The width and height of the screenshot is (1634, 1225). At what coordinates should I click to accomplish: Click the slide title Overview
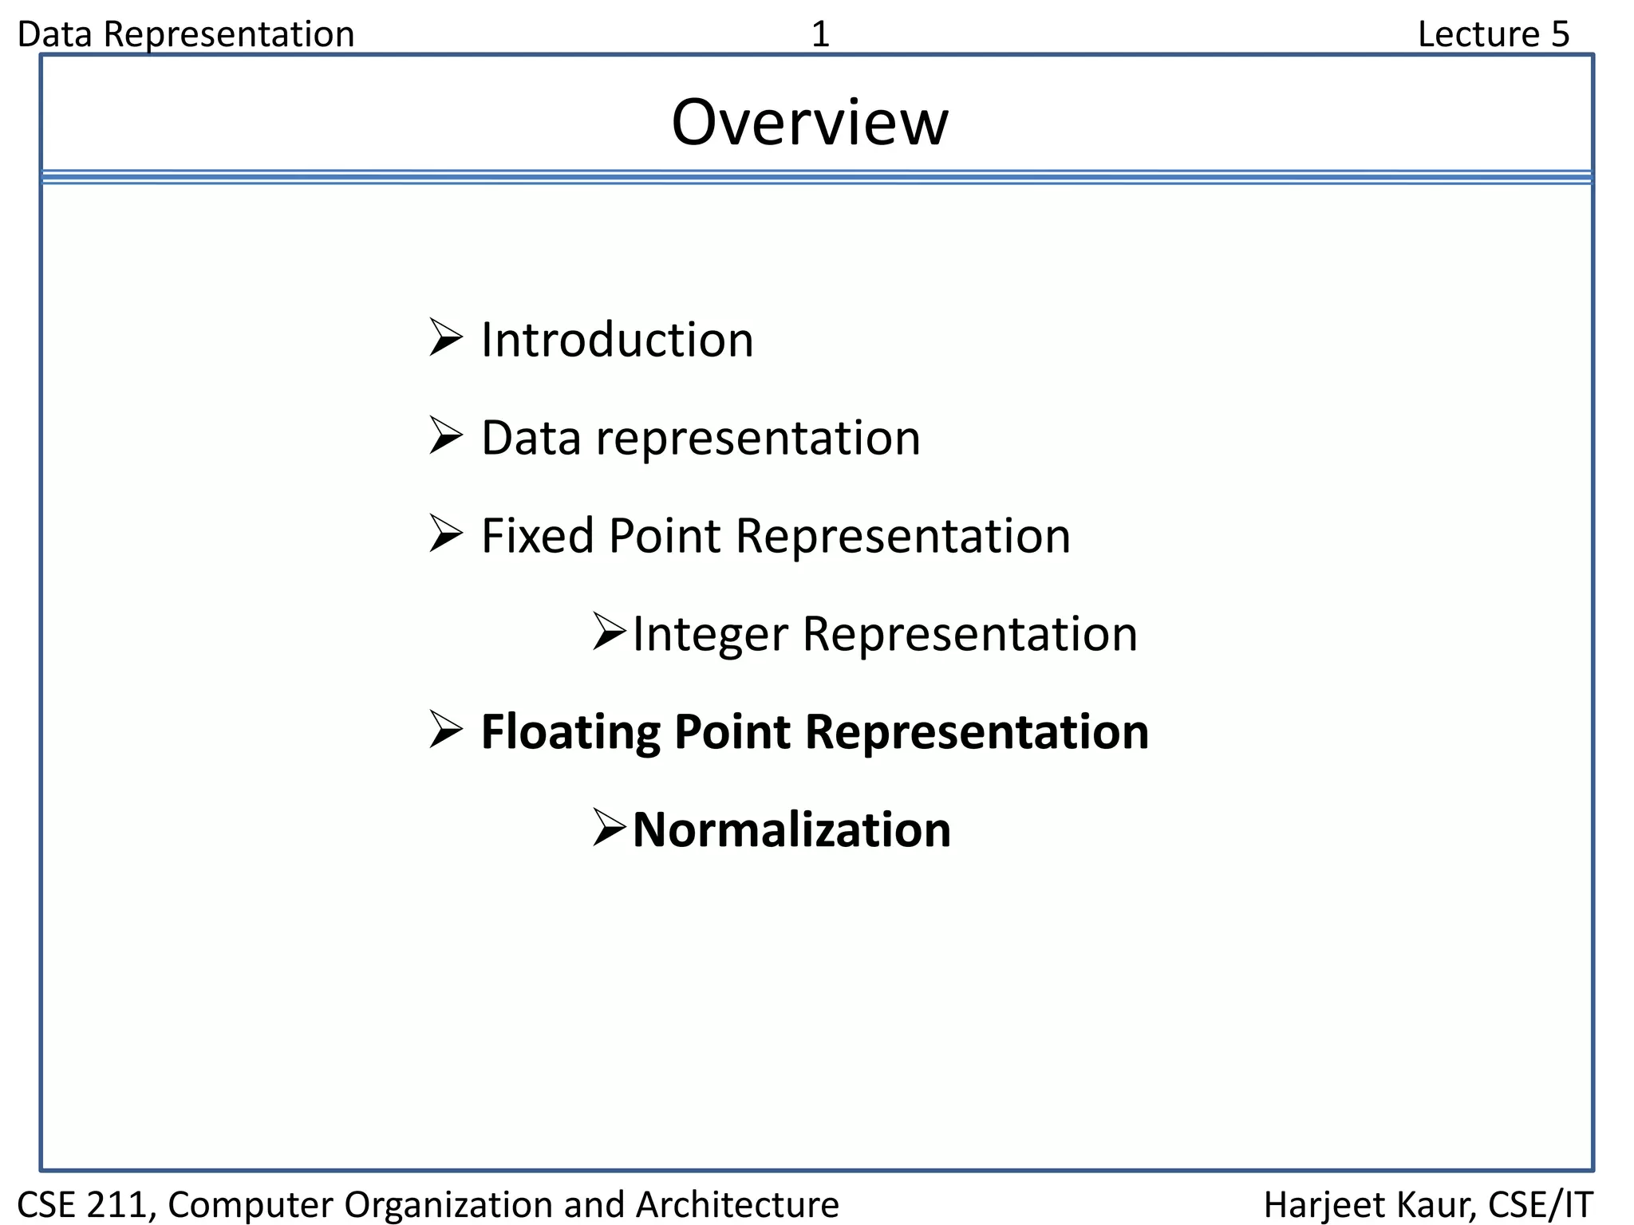pos(810,123)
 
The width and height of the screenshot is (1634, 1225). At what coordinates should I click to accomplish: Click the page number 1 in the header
pos(820,34)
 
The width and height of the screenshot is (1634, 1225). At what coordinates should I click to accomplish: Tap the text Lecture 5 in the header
pos(1493,34)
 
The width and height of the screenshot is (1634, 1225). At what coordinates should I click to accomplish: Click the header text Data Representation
pos(185,34)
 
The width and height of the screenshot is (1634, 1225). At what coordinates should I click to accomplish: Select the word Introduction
pos(617,340)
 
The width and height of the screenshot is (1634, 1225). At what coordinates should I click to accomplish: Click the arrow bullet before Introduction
pos(445,337)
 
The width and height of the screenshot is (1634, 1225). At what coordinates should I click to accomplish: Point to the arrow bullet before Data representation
pos(445,435)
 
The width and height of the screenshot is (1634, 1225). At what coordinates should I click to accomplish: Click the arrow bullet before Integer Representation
pos(610,632)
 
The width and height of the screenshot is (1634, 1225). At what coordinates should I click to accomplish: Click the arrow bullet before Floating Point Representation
pos(445,729)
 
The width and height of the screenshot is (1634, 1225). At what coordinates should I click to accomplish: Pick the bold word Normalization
pos(791,829)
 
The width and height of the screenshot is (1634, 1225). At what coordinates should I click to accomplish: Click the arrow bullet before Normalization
pos(610,827)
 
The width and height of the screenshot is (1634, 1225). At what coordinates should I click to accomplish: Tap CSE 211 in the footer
pos(84,1204)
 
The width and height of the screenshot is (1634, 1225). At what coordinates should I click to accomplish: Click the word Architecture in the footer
pos(737,1204)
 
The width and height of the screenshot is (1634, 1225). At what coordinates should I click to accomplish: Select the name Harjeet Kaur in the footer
pos(1367,1204)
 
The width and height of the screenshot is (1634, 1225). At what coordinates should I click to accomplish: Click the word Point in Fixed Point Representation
pos(664,535)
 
